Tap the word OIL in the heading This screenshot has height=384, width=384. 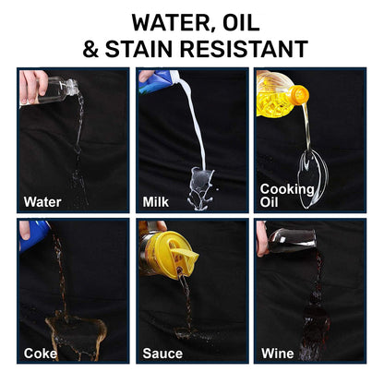(x=241, y=22)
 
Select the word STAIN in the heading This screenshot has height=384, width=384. (x=138, y=49)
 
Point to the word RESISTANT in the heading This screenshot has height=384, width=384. (x=244, y=49)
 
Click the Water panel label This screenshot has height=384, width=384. (x=42, y=202)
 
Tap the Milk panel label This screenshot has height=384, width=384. (x=156, y=202)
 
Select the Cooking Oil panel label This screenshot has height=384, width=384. (x=287, y=196)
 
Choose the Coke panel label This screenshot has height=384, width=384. (x=41, y=354)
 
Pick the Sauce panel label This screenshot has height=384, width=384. (x=162, y=354)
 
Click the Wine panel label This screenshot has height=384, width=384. (x=278, y=354)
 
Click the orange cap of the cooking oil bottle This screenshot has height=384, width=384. (x=299, y=94)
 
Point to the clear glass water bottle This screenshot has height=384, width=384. (x=57, y=90)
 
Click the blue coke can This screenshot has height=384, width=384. (x=34, y=235)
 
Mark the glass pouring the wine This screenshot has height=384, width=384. (x=292, y=241)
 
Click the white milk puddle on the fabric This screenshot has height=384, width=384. (x=200, y=188)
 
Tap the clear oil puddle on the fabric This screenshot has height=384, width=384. (x=312, y=178)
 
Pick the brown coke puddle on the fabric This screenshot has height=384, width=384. (x=77, y=335)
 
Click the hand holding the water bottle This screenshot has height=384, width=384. (x=33, y=87)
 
